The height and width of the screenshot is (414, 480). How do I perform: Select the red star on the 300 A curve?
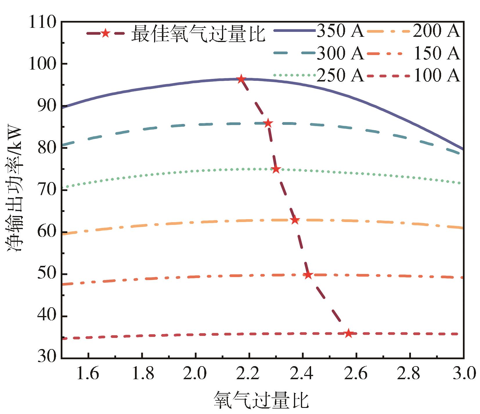tap(268, 123)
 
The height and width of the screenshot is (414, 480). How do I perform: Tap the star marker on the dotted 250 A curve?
tap(276, 169)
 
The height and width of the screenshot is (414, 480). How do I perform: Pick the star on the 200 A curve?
tap(295, 220)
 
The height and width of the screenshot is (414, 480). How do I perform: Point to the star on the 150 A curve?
tap(308, 275)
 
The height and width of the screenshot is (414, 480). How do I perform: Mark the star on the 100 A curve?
tap(348, 334)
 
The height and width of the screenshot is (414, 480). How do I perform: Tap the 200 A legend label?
tap(436, 31)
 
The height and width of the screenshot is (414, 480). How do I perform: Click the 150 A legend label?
tap(436, 53)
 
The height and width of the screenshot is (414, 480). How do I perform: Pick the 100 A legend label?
tap(436, 75)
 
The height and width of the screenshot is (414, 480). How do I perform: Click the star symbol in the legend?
tap(105, 33)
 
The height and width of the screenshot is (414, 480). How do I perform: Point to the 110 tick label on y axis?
tap(43, 22)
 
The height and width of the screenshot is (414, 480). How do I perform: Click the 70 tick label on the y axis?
tap(46, 190)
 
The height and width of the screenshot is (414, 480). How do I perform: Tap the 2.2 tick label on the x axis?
tap(249, 374)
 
